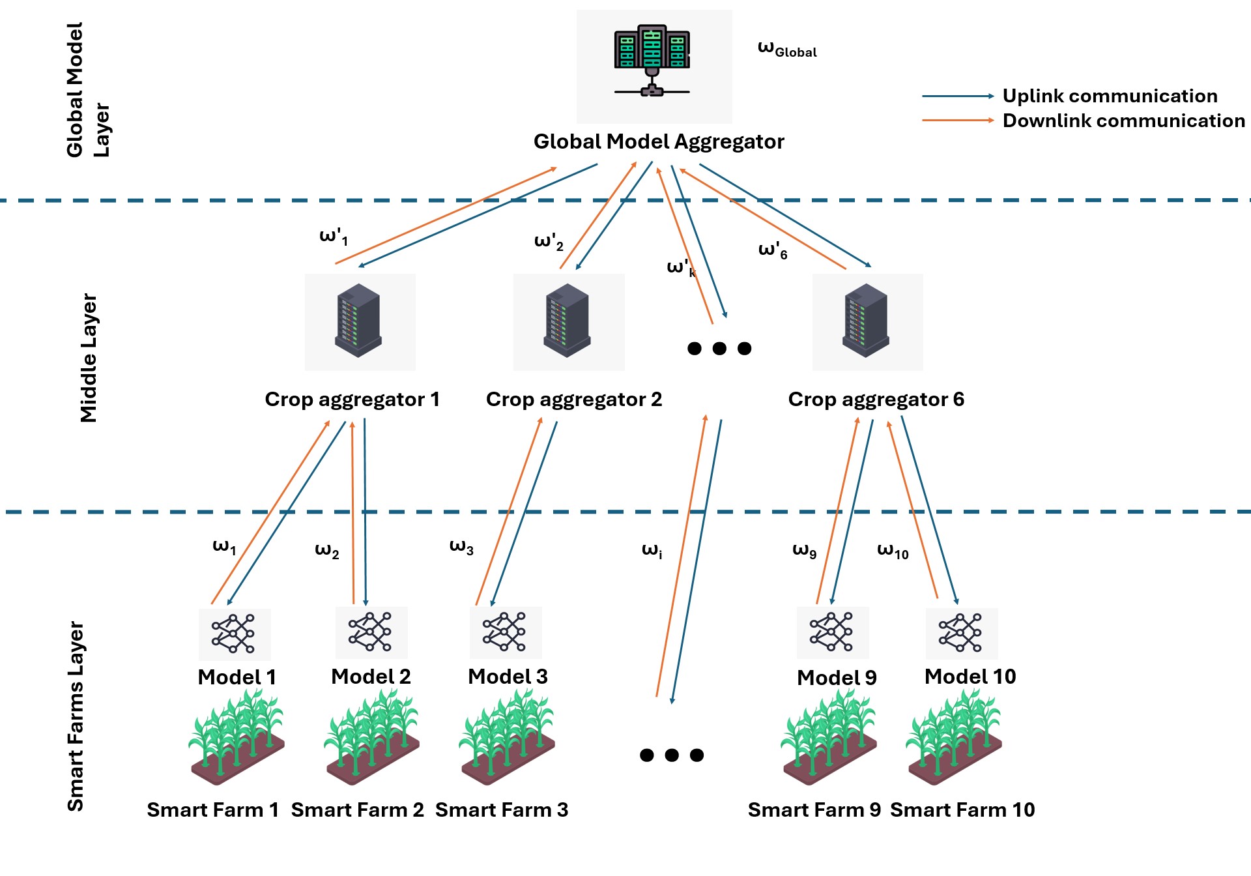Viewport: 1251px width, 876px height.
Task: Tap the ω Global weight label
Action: click(786, 49)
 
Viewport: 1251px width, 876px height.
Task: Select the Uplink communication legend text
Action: click(1110, 96)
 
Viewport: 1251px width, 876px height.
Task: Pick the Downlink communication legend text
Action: click(1123, 121)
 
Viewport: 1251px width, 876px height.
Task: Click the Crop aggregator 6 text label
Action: click(876, 399)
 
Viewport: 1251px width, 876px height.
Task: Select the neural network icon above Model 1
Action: click(233, 634)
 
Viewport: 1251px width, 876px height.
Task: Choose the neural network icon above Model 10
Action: click(960, 632)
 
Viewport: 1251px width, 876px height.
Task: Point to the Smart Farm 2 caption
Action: click(357, 810)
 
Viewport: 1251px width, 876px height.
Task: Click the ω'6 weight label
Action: click(773, 250)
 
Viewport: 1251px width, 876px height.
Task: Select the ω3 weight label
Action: click(461, 547)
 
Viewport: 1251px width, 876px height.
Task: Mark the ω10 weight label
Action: click(893, 551)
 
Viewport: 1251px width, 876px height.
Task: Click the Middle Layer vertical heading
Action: click(89, 358)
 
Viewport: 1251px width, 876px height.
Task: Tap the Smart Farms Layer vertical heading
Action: click(76, 716)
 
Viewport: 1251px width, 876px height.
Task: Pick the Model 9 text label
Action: click(837, 678)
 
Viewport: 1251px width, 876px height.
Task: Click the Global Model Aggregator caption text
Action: click(659, 141)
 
